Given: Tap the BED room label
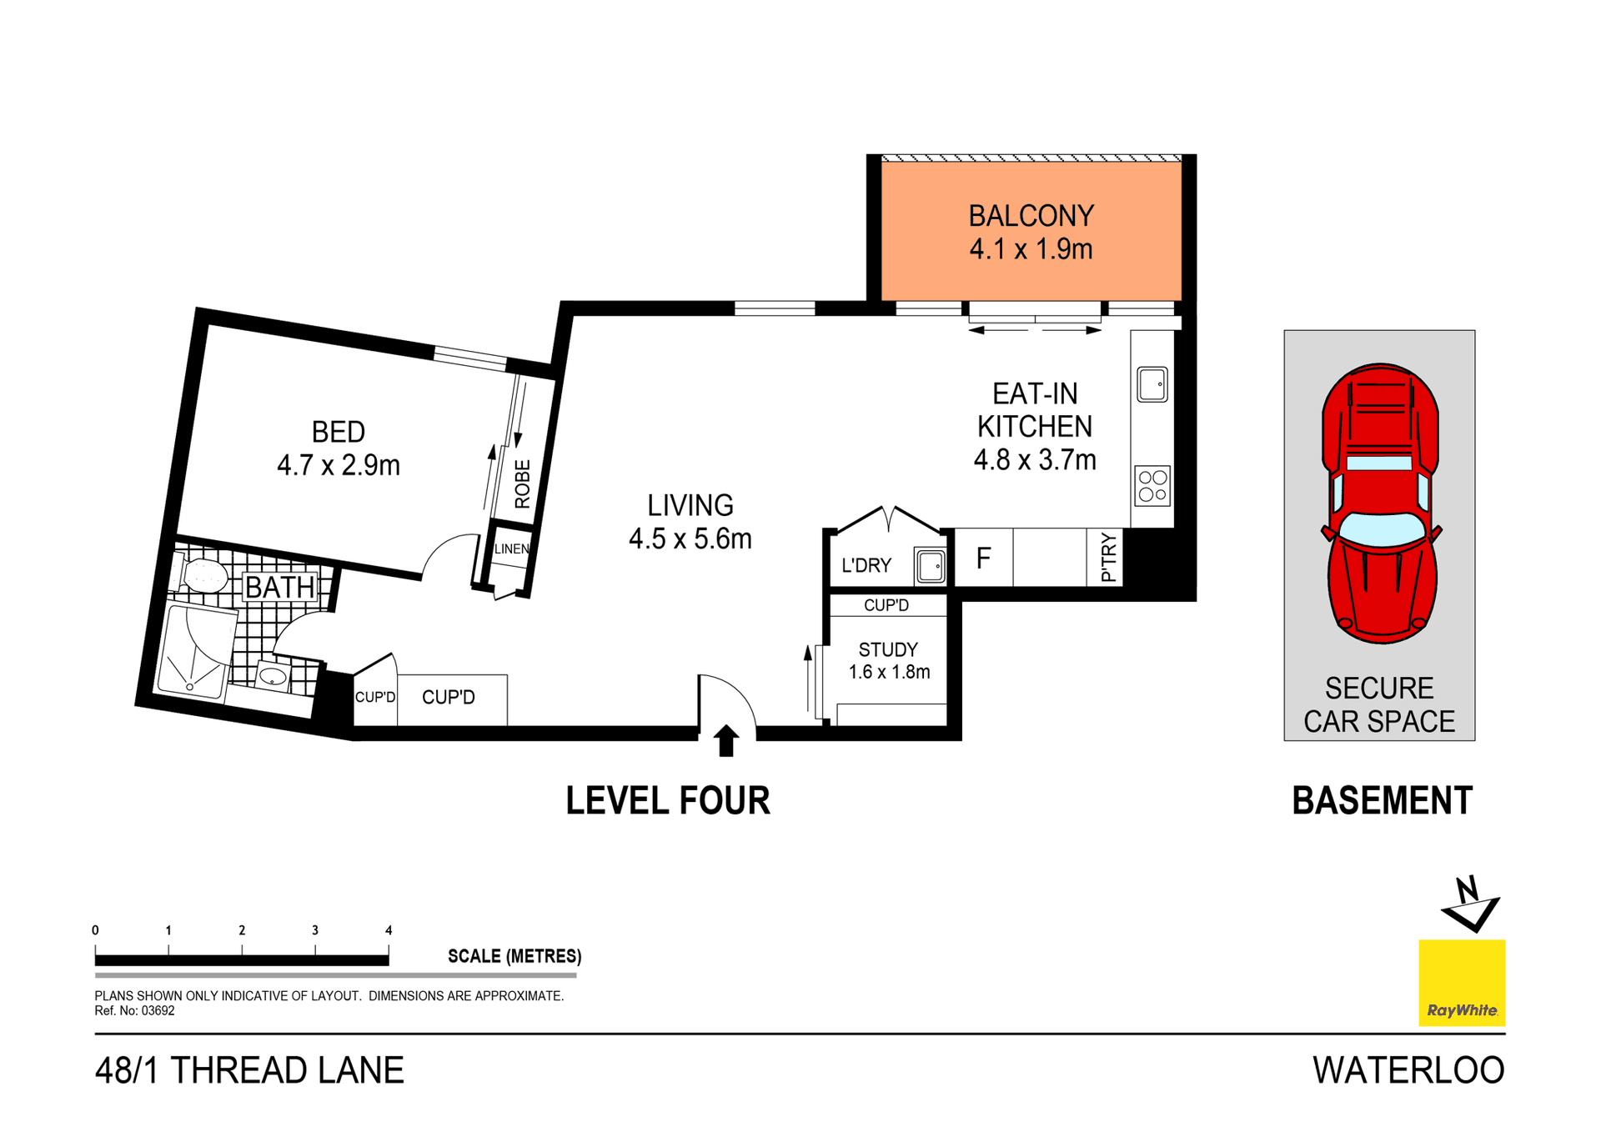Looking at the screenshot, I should [x=338, y=432].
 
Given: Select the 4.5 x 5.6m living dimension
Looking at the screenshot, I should [x=690, y=539].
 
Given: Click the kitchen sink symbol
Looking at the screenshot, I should [x=1152, y=384].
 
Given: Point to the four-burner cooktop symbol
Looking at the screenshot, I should [x=1152, y=486].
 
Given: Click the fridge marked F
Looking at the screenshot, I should [x=983, y=558].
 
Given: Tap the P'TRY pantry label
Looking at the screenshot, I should [x=1107, y=557].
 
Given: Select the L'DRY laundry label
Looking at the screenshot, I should [x=866, y=566].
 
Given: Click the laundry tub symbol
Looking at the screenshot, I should [x=931, y=566].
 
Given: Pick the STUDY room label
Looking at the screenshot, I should [x=888, y=649].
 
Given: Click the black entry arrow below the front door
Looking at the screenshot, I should [x=725, y=740].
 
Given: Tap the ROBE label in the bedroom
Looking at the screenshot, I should [x=522, y=483].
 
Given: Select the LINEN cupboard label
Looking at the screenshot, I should [x=511, y=548].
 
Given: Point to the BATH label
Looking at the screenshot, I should [x=280, y=587].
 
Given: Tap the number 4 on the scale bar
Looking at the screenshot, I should [x=389, y=930].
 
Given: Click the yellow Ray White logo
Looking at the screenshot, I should [x=1462, y=983].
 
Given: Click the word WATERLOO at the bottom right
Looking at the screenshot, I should [x=1408, y=1070].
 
